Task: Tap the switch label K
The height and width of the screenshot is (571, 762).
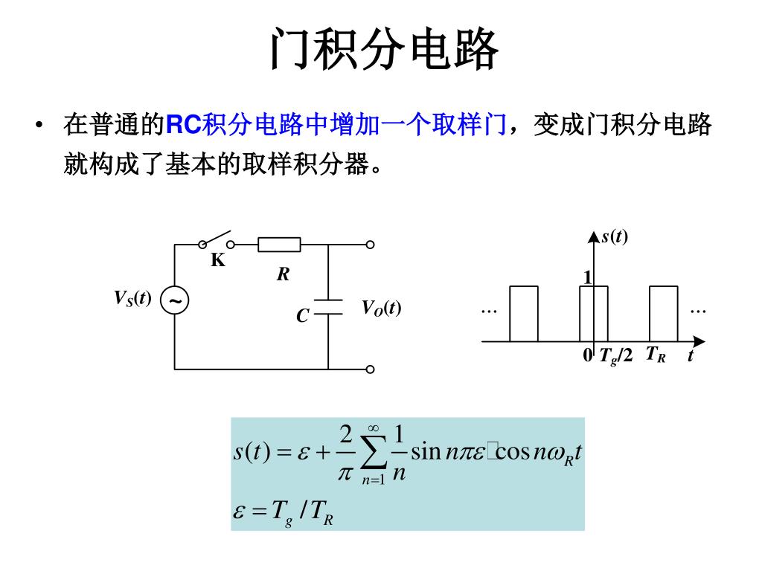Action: point(217,261)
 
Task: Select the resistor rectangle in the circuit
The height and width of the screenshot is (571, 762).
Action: point(279,244)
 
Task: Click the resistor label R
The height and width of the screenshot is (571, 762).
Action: point(283,275)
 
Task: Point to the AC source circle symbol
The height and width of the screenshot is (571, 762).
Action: point(175,301)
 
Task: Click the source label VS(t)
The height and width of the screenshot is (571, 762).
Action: point(132,299)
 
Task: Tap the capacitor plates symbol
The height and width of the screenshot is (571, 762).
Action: point(328,307)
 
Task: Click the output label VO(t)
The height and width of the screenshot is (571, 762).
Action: point(381,308)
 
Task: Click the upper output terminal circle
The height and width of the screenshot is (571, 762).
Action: point(370,244)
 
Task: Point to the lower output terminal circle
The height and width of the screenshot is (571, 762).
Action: point(370,369)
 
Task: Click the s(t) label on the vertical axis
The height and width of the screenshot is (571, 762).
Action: point(615,237)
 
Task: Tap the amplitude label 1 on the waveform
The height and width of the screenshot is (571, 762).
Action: point(586,278)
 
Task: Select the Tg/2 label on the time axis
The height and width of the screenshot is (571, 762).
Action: point(615,356)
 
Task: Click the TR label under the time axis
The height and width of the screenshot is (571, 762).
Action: point(656,355)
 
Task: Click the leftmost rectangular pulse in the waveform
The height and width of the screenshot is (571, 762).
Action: point(523,313)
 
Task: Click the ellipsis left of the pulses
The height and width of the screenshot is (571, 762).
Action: point(488,309)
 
